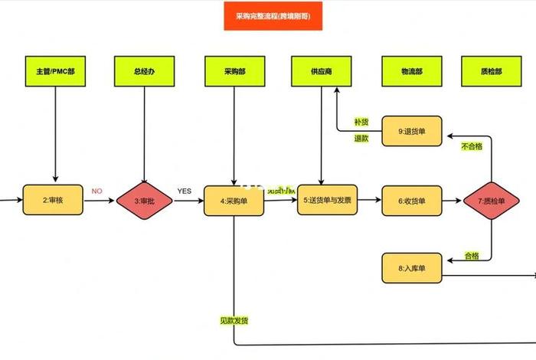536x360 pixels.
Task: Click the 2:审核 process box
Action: (x=53, y=201)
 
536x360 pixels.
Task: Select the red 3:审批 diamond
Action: (x=145, y=201)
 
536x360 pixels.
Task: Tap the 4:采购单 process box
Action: (x=234, y=201)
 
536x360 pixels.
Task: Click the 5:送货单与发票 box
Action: (x=327, y=201)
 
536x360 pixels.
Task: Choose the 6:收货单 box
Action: (x=411, y=201)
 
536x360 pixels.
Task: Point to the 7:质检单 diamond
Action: (x=492, y=201)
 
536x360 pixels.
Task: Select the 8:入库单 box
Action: (x=411, y=268)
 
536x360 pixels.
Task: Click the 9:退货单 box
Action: (x=411, y=131)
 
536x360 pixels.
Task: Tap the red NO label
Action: (x=97, y=191)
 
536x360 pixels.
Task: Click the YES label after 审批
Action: (x=185, y=191)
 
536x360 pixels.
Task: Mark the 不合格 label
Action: (x=472, y=146)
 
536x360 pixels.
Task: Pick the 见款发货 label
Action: (x=234, y=319)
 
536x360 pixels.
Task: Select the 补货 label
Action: (x=361, y=122)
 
